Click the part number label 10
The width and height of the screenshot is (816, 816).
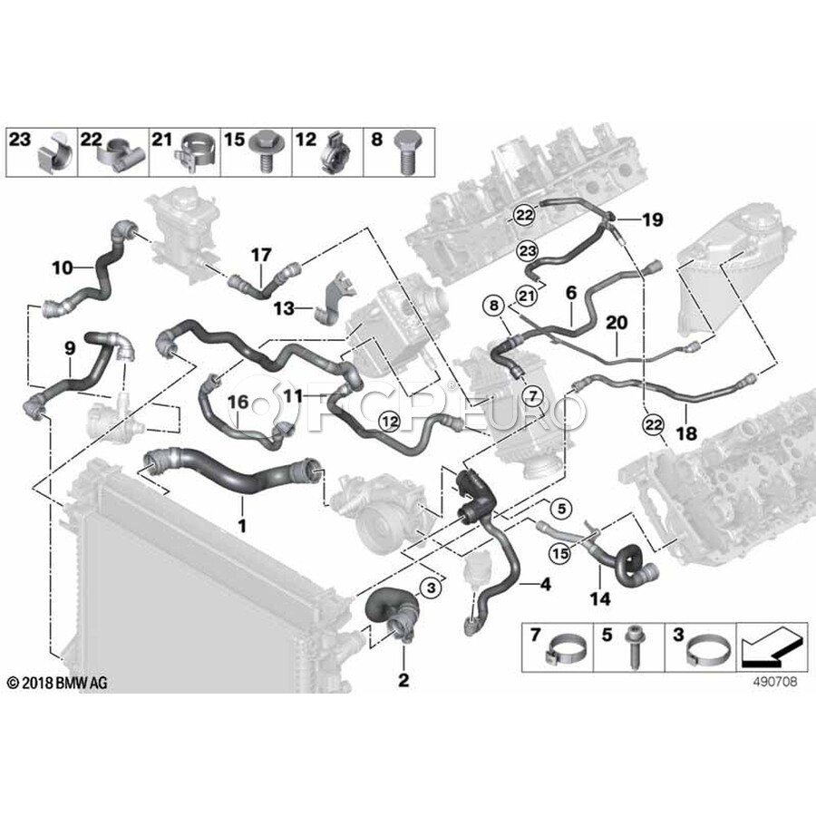(x=62, y=267)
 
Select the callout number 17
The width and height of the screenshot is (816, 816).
(x=261, y=255)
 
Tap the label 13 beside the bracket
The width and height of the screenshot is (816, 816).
(x=285, y=308)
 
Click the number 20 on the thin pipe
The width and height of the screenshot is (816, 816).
(x=617, y=323)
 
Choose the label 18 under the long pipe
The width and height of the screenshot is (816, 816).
(x=686, y=434)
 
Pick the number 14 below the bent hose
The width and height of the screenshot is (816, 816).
(x=600, y=599)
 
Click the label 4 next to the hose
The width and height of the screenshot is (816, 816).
(x=546, y=586)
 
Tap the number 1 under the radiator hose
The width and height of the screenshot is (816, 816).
(x=241, y=524)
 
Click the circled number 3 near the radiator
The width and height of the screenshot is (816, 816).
(x=432, y=588)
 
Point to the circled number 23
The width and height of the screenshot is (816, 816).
(x=528, y=248)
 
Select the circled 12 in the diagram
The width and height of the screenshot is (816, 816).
(x=388, y=419)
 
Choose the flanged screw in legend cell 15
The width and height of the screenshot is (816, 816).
(x=267, y=156)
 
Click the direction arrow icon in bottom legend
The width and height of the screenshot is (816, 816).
(x=772, y=647)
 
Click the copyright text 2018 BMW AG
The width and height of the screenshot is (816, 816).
(x=56, y=682)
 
